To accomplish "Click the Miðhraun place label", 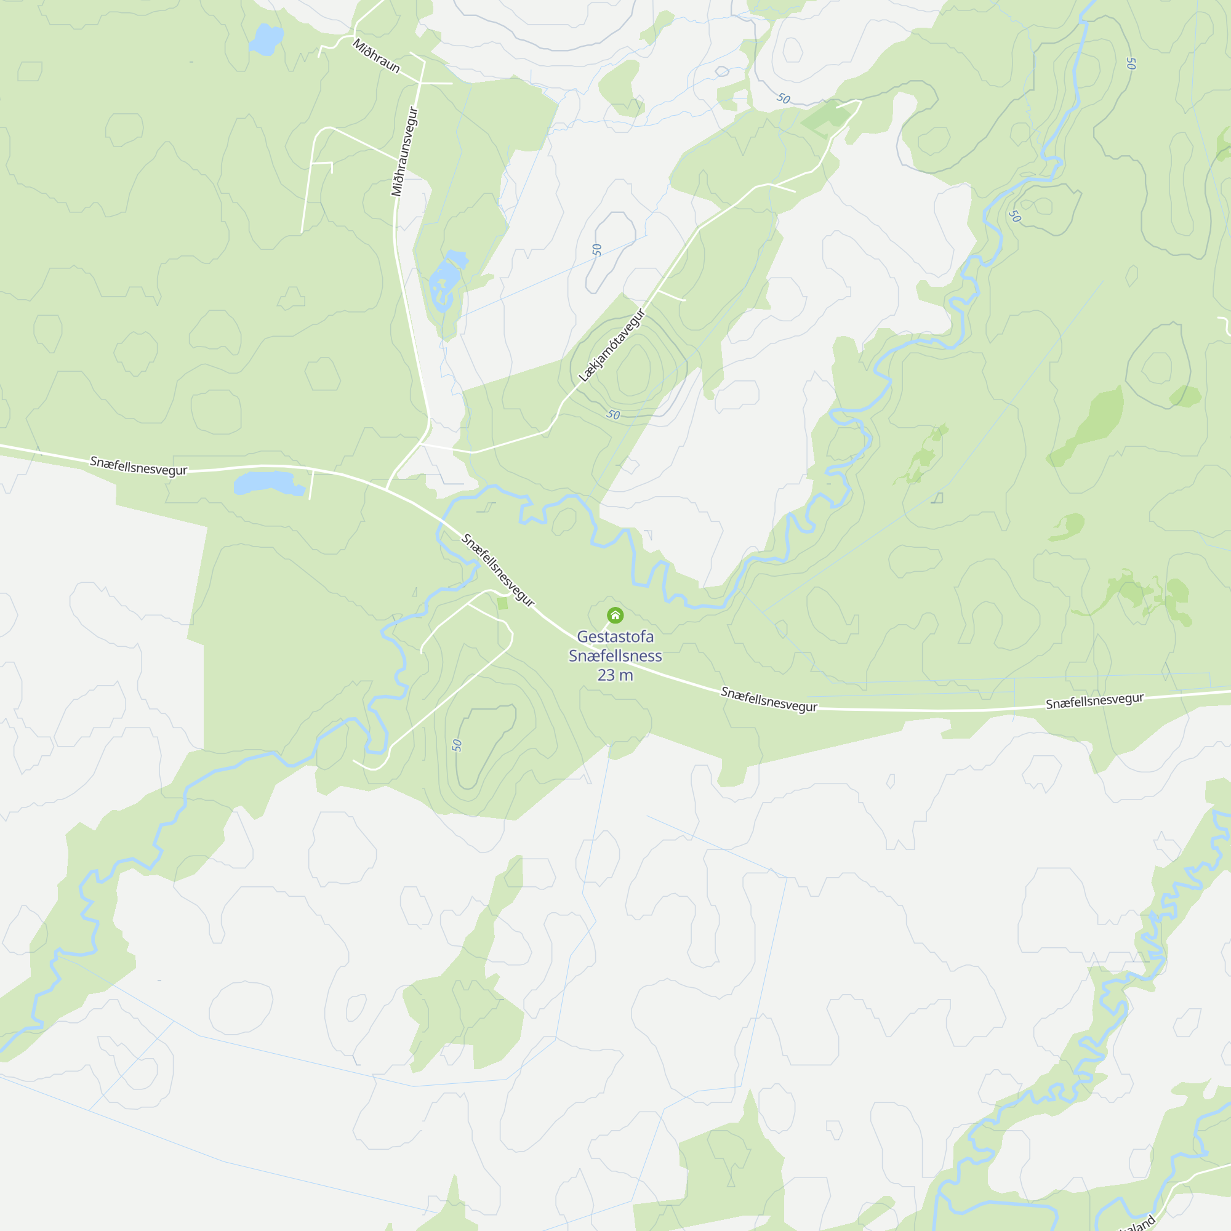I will (376, 56).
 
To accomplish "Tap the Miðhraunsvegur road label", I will (405, 151).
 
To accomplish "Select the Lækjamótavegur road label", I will (612, 345).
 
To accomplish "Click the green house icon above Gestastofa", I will (615, 615).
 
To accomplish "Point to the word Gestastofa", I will (615, 636).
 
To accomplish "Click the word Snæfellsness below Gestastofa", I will (615, 656).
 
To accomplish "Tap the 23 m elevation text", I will (615, 675).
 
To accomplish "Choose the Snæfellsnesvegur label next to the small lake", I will (138, 466).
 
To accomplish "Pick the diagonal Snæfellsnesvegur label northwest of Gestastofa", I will (497, 569).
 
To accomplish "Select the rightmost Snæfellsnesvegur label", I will (1094, 700).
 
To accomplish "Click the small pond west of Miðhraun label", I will (266, 39).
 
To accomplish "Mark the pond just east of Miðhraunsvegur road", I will (446, 280).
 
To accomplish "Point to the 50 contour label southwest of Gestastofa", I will (456, 745).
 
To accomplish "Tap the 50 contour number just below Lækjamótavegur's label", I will (613, 415).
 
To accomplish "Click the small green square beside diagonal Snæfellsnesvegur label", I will (503, 603).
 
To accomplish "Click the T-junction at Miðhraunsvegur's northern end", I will (421, 83).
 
